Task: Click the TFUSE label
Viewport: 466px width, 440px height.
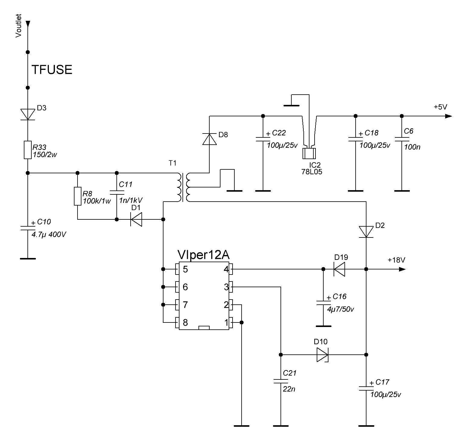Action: [x=52, y=70]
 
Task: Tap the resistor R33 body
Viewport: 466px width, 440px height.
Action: [x=28, y=150]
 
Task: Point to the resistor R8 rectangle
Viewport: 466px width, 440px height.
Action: [x=78, y=196]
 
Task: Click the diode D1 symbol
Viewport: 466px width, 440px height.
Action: [x=136, y=219]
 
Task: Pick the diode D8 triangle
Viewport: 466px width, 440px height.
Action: [x=209, y=139]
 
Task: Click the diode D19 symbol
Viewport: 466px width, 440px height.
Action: [x=340, y=269]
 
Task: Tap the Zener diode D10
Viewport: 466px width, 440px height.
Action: [x=322, y=355]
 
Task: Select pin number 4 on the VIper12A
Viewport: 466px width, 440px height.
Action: [x=226, y=269]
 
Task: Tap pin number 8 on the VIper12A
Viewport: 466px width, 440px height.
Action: [x=185, y=322]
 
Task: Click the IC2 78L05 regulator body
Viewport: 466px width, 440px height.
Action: [x=309, y=153]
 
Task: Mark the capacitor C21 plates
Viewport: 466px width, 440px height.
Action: [x=281, y=381]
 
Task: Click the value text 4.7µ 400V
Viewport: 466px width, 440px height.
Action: [x=49, y=234]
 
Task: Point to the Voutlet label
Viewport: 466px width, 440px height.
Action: [x=19, y=26]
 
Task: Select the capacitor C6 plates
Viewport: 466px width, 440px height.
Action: [x=401, y=139]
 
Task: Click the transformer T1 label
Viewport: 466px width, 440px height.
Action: [x=172, y=163]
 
